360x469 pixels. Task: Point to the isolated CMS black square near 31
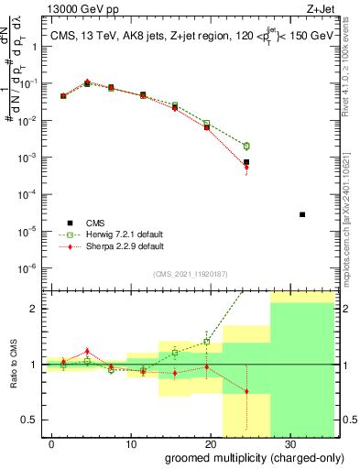[302, 214]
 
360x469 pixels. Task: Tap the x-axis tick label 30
[289, 442]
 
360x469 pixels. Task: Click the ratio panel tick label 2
[35, 309]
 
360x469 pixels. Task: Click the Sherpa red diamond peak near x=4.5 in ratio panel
[87, 351]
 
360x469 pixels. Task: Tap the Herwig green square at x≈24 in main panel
[245, 146]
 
